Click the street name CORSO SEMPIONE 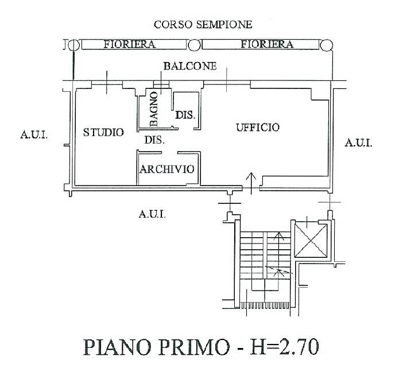point(203,25)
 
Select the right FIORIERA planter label point(267,44)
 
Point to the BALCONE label point(189,66)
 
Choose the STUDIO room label point(103,132)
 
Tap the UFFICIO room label point(257,127)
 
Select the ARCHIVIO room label point(167,169)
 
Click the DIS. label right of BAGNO point(185,115)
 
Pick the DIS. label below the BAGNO point(154,140)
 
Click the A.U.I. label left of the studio point(33,136)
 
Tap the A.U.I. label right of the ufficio point(358,143)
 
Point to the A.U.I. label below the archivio point(152,214)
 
